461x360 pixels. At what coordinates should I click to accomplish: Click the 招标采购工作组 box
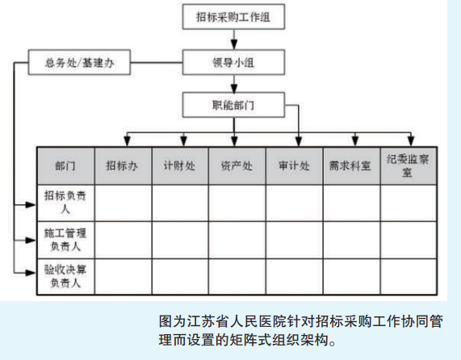coord(233,17)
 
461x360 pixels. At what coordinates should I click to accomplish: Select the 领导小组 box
coord(233,62)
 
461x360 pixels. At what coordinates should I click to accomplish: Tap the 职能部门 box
coord(233,105)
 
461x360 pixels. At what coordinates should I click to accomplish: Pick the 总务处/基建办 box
coord(79,62)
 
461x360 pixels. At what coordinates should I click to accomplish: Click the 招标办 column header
coord(123,166)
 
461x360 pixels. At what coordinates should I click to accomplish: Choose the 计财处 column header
coord(180,166)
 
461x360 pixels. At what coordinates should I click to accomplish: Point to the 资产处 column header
coord(237,166)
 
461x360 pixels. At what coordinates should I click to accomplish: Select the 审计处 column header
coord(295,166)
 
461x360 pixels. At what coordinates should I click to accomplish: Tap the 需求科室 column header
coord(351,166)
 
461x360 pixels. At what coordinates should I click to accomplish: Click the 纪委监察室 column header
coord(409,166)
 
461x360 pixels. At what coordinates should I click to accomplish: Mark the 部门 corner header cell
coord(65,166)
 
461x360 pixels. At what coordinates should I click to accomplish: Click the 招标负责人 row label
coord(65,203)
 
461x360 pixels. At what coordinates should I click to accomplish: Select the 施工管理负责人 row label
coord(65,240)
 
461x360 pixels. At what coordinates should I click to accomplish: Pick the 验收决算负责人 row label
coord(65,277)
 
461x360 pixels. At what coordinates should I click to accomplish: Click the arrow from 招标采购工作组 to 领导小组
coord(234,40)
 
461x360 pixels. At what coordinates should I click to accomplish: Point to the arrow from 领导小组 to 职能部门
coord(234,84)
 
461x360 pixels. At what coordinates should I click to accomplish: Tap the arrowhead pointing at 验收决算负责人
coord(31,273)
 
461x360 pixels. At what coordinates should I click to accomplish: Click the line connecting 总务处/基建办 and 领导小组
coord(157,62)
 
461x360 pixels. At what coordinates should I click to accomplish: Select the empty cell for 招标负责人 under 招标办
coord(123,203)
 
